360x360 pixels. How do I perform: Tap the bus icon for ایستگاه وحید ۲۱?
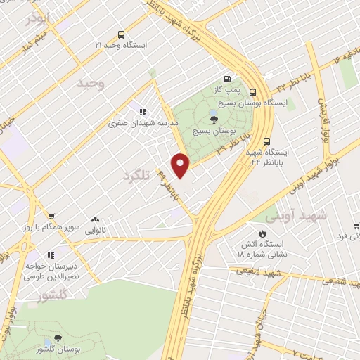122,34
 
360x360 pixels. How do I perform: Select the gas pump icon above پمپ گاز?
226,79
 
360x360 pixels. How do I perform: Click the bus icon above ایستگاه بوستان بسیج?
253,91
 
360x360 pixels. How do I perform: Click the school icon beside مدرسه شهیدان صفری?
143,111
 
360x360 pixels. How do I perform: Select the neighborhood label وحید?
91,84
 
